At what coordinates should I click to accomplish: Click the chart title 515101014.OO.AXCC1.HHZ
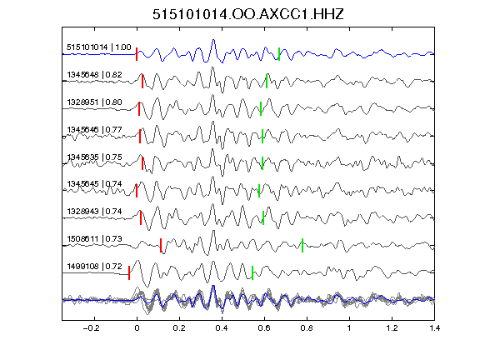[x=248, y=14]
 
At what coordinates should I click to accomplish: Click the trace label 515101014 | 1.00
[x=99, y=47]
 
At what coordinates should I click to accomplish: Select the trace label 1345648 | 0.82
[x=95, y=75]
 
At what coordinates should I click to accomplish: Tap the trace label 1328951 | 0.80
[x=95, y=102]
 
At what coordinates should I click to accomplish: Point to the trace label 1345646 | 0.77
[x=95, y=129]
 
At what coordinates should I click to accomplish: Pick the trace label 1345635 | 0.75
[x=95, y=157]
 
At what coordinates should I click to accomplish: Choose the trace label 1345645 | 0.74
[x=95, y=183]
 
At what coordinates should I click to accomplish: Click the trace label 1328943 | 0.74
[x=95, y=211]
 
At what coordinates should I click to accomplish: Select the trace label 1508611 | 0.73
[x=95, y=239]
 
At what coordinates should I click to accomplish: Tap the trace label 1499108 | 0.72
[x=95, y=267]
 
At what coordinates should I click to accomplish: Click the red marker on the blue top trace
[x=137, y=54]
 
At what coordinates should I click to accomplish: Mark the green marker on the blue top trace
[x=279, y=54]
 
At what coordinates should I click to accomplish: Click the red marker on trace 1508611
[x=161, y=246]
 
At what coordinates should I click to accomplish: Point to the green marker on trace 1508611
[x=302, y=246]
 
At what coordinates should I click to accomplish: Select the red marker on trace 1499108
[x=129, y=272]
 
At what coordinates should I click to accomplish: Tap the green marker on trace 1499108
[x=252, y=272]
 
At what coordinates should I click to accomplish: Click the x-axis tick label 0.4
[x=222, y=328]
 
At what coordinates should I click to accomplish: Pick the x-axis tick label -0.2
[x=92, y=328]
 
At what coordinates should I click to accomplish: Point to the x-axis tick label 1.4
[x=435, y=328]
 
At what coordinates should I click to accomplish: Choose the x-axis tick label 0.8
[x=307, y=328]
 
